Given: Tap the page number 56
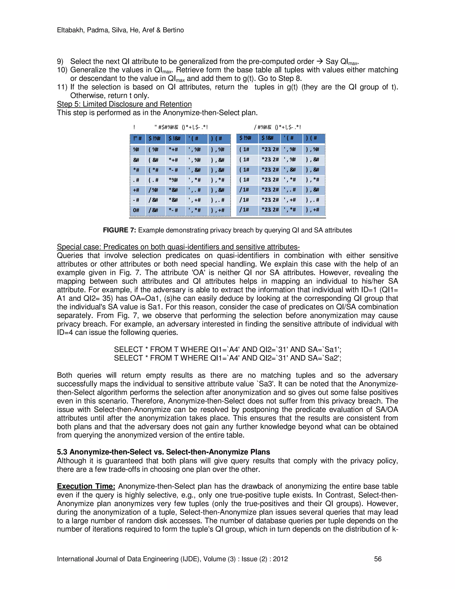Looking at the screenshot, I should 378,559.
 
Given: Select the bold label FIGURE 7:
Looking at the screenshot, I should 120,230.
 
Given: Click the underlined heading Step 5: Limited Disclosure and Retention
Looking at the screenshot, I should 124,104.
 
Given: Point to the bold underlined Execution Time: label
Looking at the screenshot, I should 86,486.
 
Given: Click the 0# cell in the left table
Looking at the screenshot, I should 136,210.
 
